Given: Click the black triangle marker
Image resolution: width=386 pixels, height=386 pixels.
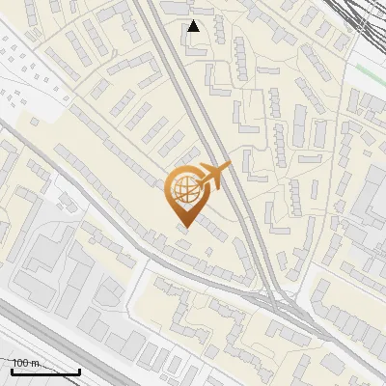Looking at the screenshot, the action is (x=194, y=26).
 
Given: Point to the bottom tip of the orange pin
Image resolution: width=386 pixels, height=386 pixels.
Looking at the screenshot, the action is (x=184, y=227).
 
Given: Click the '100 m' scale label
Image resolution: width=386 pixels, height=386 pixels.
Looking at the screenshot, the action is (x=24, y=363).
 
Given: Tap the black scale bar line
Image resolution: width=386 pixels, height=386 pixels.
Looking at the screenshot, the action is (x=44, y=372).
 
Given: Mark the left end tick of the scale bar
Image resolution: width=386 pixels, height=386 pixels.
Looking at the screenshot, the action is (x=12, y=370).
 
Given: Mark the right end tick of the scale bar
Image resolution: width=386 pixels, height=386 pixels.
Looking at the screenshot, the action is (x=79, y=370).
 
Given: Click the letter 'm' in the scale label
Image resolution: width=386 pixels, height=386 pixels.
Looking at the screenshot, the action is (x=34, y=363).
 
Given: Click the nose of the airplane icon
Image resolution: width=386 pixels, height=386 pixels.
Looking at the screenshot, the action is (x=230, y=167).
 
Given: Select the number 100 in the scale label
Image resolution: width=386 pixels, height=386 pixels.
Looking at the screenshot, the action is (x=20, y=363).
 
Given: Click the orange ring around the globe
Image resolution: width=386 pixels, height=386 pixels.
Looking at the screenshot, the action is (x=170, y=189).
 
